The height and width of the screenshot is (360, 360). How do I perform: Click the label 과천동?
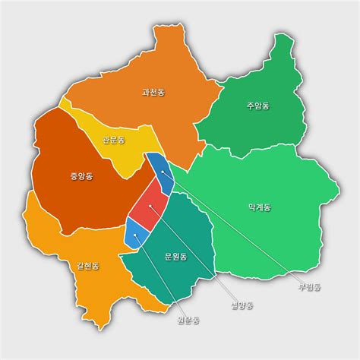[x=153, y=92]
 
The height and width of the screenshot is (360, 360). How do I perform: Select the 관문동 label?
[x=113, y=140]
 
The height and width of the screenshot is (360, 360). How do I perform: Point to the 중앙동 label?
[x=81, y=177]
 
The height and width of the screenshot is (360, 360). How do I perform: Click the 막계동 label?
[x=259, y=207]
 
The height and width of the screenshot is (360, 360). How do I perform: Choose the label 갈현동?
[x=87, y=266]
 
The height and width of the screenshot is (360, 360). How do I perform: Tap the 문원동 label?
[x=175, y=256]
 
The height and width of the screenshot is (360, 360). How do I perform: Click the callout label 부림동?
[x=310, y=287]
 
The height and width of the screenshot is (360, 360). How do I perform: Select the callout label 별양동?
[x=242, y=305]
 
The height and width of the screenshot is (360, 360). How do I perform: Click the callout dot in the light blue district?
[x=136, y=235]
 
